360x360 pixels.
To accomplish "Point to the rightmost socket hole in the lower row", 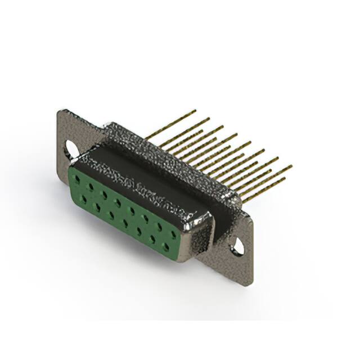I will pyautogui.click(x=166, y=246).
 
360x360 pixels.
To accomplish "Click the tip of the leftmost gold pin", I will pyautogui.click(x=195, y=111).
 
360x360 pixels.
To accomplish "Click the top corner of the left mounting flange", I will pyautogui.click(x=60, y=111).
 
